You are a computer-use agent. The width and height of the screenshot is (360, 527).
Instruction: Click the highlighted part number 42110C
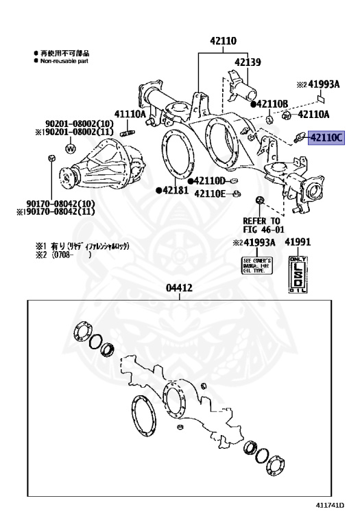(x=327, y=137)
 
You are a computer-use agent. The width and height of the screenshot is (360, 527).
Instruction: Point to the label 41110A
(x=130, y=114)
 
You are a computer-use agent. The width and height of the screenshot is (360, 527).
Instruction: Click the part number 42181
(x=175, y=189)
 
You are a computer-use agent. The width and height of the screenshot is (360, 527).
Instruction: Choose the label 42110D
(x=209, y=180)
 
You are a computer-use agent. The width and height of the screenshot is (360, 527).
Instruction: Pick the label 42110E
(x=209, y=193)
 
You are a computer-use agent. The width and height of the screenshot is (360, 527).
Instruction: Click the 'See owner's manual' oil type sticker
(x=258, y=266)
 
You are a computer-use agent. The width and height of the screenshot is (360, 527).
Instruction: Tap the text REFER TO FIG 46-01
(x=263, y=226)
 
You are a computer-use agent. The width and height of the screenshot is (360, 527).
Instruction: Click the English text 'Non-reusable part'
(x=66, y=60)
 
